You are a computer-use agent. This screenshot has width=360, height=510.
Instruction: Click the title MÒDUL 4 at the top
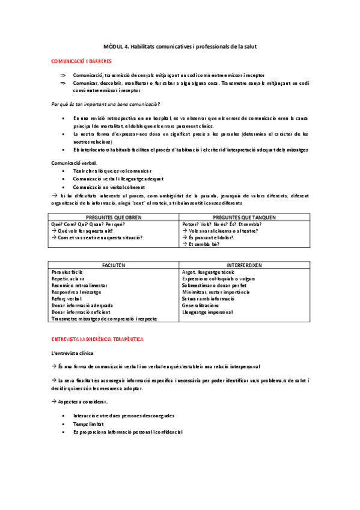pos(180,46)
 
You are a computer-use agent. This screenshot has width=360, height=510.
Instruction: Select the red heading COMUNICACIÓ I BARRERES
pos(78,61)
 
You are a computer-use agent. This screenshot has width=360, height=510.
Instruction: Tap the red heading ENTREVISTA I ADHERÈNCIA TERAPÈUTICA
pos(97,339)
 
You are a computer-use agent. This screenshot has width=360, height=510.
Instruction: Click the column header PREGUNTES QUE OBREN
pos(114,217)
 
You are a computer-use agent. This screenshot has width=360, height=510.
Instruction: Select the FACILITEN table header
pos(114,265)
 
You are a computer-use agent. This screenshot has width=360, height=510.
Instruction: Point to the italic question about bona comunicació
pos(105,104)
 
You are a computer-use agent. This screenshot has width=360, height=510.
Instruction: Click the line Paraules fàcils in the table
pos(68,272)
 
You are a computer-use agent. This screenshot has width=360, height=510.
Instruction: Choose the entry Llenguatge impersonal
pos(208,312)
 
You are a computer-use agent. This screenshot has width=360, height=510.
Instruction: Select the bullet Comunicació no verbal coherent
pos(109,186)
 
